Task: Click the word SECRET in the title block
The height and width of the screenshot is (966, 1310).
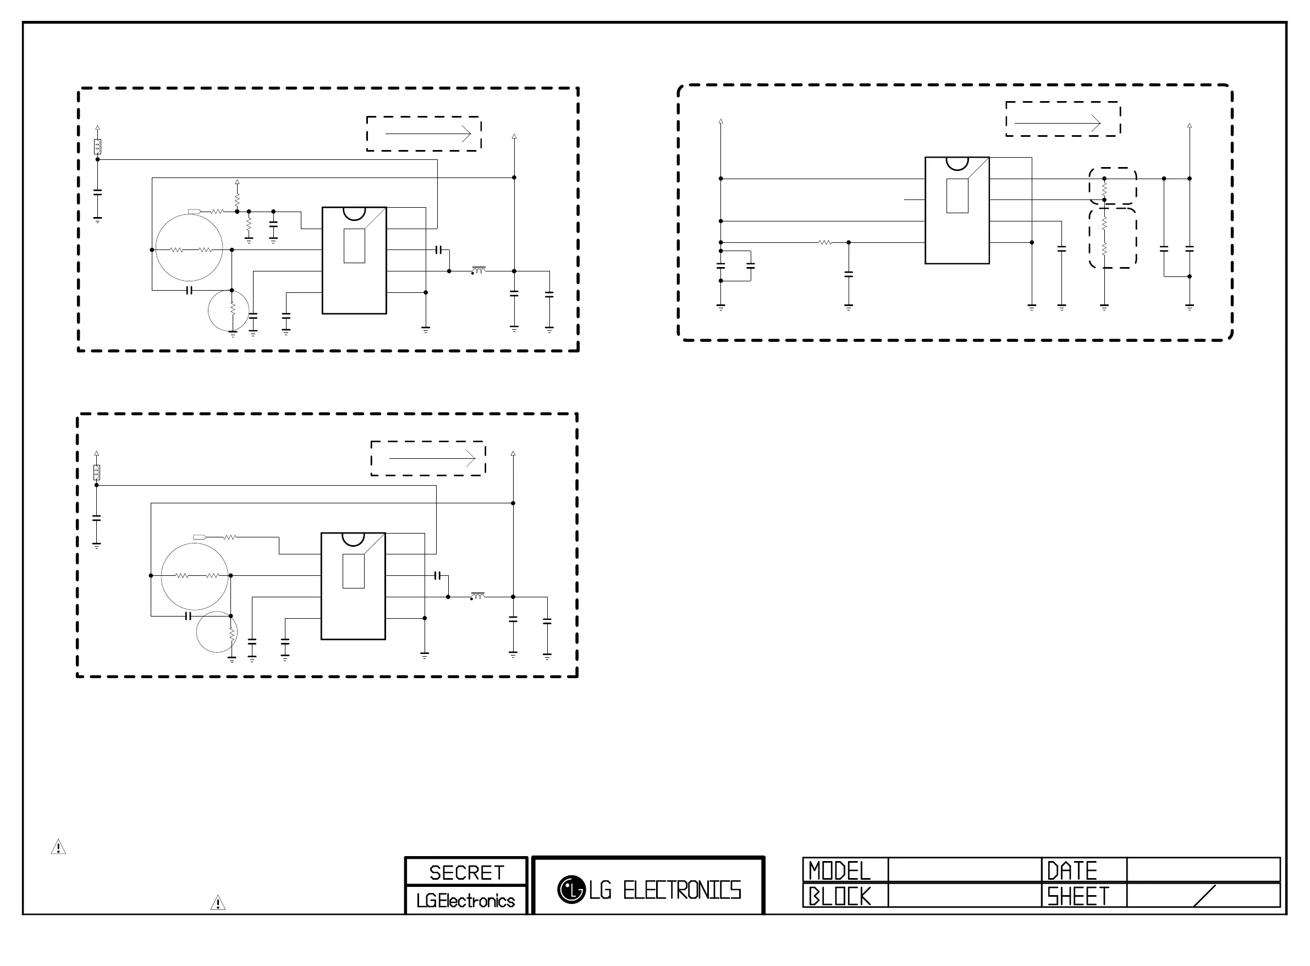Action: coord(466,873)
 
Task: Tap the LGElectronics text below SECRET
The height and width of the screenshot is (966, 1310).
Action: coord(466,901)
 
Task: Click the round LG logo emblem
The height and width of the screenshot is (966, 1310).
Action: coord(571,890)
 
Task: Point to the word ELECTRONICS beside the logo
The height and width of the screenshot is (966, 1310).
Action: coord(682,890)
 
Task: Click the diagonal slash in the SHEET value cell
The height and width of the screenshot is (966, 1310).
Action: coord(1204,896)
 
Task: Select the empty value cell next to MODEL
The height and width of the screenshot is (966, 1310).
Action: coord(964,870)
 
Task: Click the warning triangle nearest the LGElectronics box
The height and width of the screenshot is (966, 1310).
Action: coord(218,903)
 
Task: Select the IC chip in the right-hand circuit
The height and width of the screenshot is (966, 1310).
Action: coord(956,210)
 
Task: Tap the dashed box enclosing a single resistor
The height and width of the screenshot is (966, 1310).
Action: coord(1112,186)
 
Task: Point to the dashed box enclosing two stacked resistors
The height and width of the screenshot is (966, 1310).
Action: coord(1112,238)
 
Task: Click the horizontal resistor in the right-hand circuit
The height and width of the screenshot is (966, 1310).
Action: coord(825,242)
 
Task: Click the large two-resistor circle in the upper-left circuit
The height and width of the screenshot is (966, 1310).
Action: coord(189,248)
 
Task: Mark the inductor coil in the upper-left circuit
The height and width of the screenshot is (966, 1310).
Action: coord(479,270)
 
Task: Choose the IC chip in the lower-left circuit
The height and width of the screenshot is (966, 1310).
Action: coord(353,586)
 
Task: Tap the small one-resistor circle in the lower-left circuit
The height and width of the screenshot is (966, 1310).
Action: coord(217,632)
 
